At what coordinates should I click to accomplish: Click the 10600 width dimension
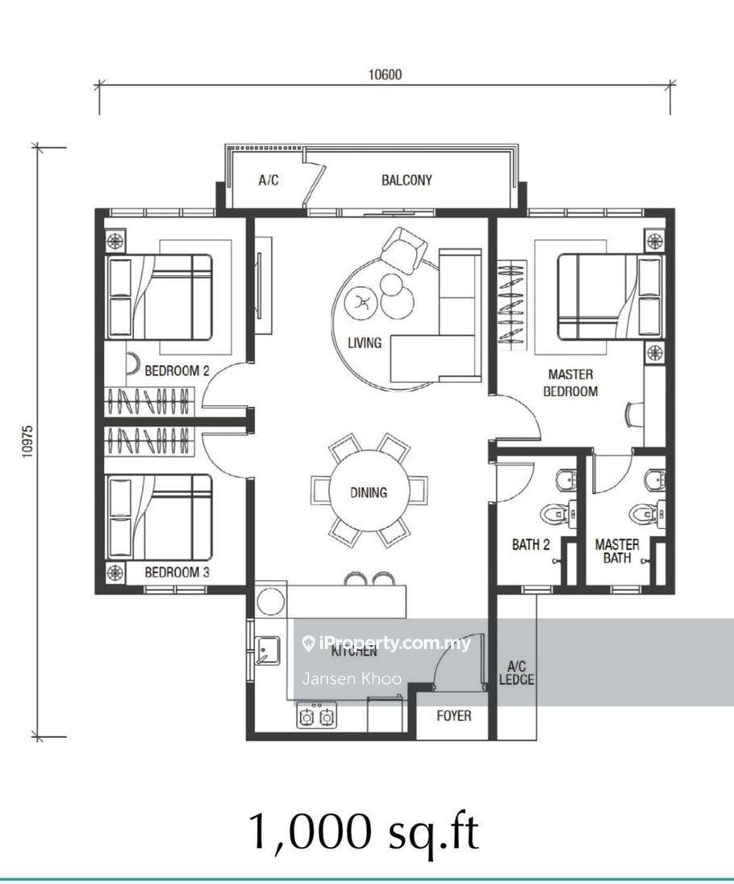(385, 74)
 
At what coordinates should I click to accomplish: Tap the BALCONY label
(407, 180)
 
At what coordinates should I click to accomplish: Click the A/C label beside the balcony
(268, 180)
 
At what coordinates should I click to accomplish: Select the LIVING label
(365, 342)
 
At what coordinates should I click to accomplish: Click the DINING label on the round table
(369, 492)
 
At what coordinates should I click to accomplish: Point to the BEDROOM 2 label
(177, 371)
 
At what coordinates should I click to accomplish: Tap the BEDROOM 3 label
(177, 572)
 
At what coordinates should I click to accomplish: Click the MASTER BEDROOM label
(570, 382)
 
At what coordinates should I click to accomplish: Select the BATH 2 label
(531, 544)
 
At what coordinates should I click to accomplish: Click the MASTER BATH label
(617, 551)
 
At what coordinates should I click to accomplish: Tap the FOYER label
(454, 715)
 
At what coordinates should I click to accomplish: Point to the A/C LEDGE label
(516, 672)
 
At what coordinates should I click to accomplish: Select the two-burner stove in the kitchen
(316, 716)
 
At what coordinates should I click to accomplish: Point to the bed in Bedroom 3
(160, 517)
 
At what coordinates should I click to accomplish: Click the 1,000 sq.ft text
(363, 831)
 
